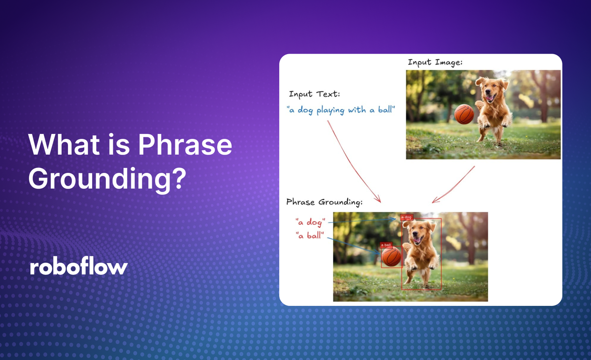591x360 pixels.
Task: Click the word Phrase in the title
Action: (x=185, y=145)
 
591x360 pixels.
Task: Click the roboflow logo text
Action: (x=79, y=267)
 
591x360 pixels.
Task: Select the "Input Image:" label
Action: (x=435, y=63)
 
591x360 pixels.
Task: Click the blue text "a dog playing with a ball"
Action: (x=341, y=110)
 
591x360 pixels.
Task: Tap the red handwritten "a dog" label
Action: (x=310, y=222)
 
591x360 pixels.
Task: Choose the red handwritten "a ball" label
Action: (x=310, y=235)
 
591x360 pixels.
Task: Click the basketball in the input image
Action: (x=464, y=114)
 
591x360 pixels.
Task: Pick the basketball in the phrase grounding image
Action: (x=392, y=257)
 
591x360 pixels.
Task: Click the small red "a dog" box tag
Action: (x=407, y=217)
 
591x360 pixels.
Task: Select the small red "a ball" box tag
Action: (x=386, y=245)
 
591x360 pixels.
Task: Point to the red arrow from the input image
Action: (x=454, y=185)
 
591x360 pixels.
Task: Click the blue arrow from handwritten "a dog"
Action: (x=362, y=220)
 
